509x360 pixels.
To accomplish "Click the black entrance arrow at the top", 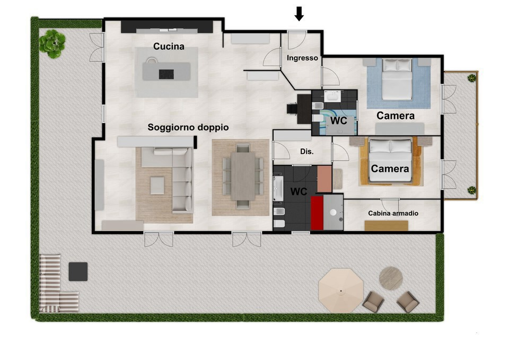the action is pyautogui.click(x=299, y=14).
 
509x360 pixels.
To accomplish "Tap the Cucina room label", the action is pyautogui.click(x=169, y=47).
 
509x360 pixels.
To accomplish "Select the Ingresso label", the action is pyautogui.click(x=302, y=58).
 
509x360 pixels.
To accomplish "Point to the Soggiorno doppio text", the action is pyautogui.click(x=188, y=127).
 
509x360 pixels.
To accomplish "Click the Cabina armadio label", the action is pyautogui.click(x=393, y=213).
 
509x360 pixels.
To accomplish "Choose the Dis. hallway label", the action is pyautogui.click(x=307, y=151).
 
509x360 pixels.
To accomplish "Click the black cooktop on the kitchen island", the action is pyautogui.click(x=166, y=74).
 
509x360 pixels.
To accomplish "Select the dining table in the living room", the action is pyautogui.click(x=243, y=176).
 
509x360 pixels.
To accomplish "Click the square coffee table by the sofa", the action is pyautogui.click(x=157, y=186).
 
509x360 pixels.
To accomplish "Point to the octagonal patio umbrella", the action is pyautogui.click(x=341, y=291).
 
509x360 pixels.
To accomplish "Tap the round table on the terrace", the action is pyautogui.click(x=391, y=278).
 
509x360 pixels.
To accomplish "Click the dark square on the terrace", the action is pyautogui.click(x=78, y=271).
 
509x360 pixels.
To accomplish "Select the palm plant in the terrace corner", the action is pyautogui.click(x=52, y=43).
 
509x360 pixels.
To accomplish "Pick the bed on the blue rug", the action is pyautogui.click(x=397, y=79).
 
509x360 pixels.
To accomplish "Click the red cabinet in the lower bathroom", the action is pyautogui.click(x=317, y=213).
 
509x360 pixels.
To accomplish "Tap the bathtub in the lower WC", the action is pyautogui.click(x=278, y=189).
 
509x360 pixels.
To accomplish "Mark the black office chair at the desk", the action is pyautogui.click(x=292, y=108).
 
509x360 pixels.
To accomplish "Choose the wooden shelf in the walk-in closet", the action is pyautogui.click(x=387, y=226).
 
